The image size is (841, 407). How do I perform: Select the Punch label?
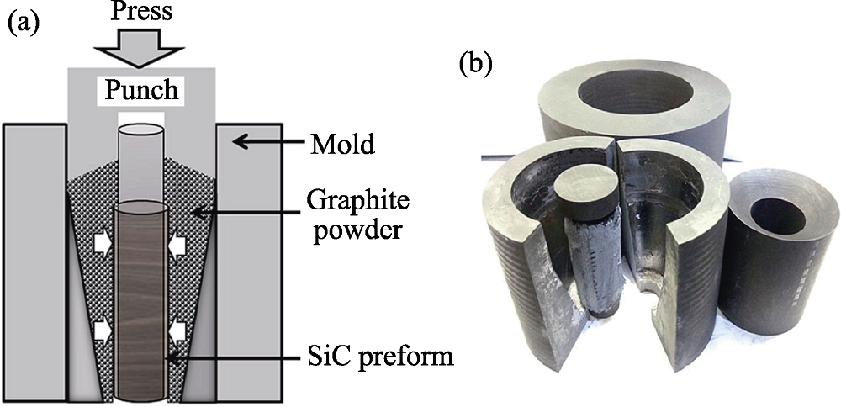tap(143, 90)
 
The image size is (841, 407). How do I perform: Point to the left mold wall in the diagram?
tap(34, 261)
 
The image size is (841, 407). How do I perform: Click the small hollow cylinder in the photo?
tap(774, 252)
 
